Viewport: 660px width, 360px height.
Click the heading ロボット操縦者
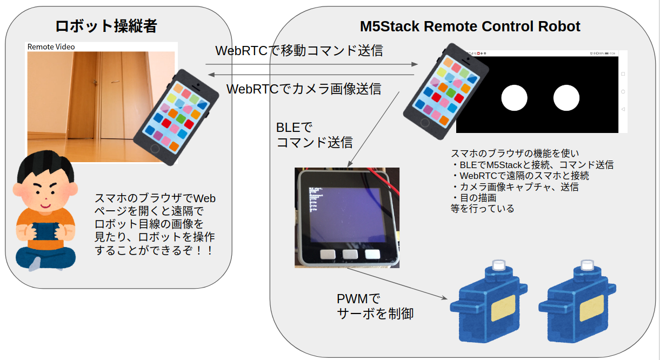pos(106,26)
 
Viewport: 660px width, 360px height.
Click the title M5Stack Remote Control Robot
pos(470,26)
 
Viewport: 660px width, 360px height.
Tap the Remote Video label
pos(51,46)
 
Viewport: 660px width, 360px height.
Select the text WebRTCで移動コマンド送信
pos(299,51)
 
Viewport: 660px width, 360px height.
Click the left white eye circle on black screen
pos(514,98)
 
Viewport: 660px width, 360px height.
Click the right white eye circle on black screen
pos(566,98)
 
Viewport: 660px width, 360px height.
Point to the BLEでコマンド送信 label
pos(314,135)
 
